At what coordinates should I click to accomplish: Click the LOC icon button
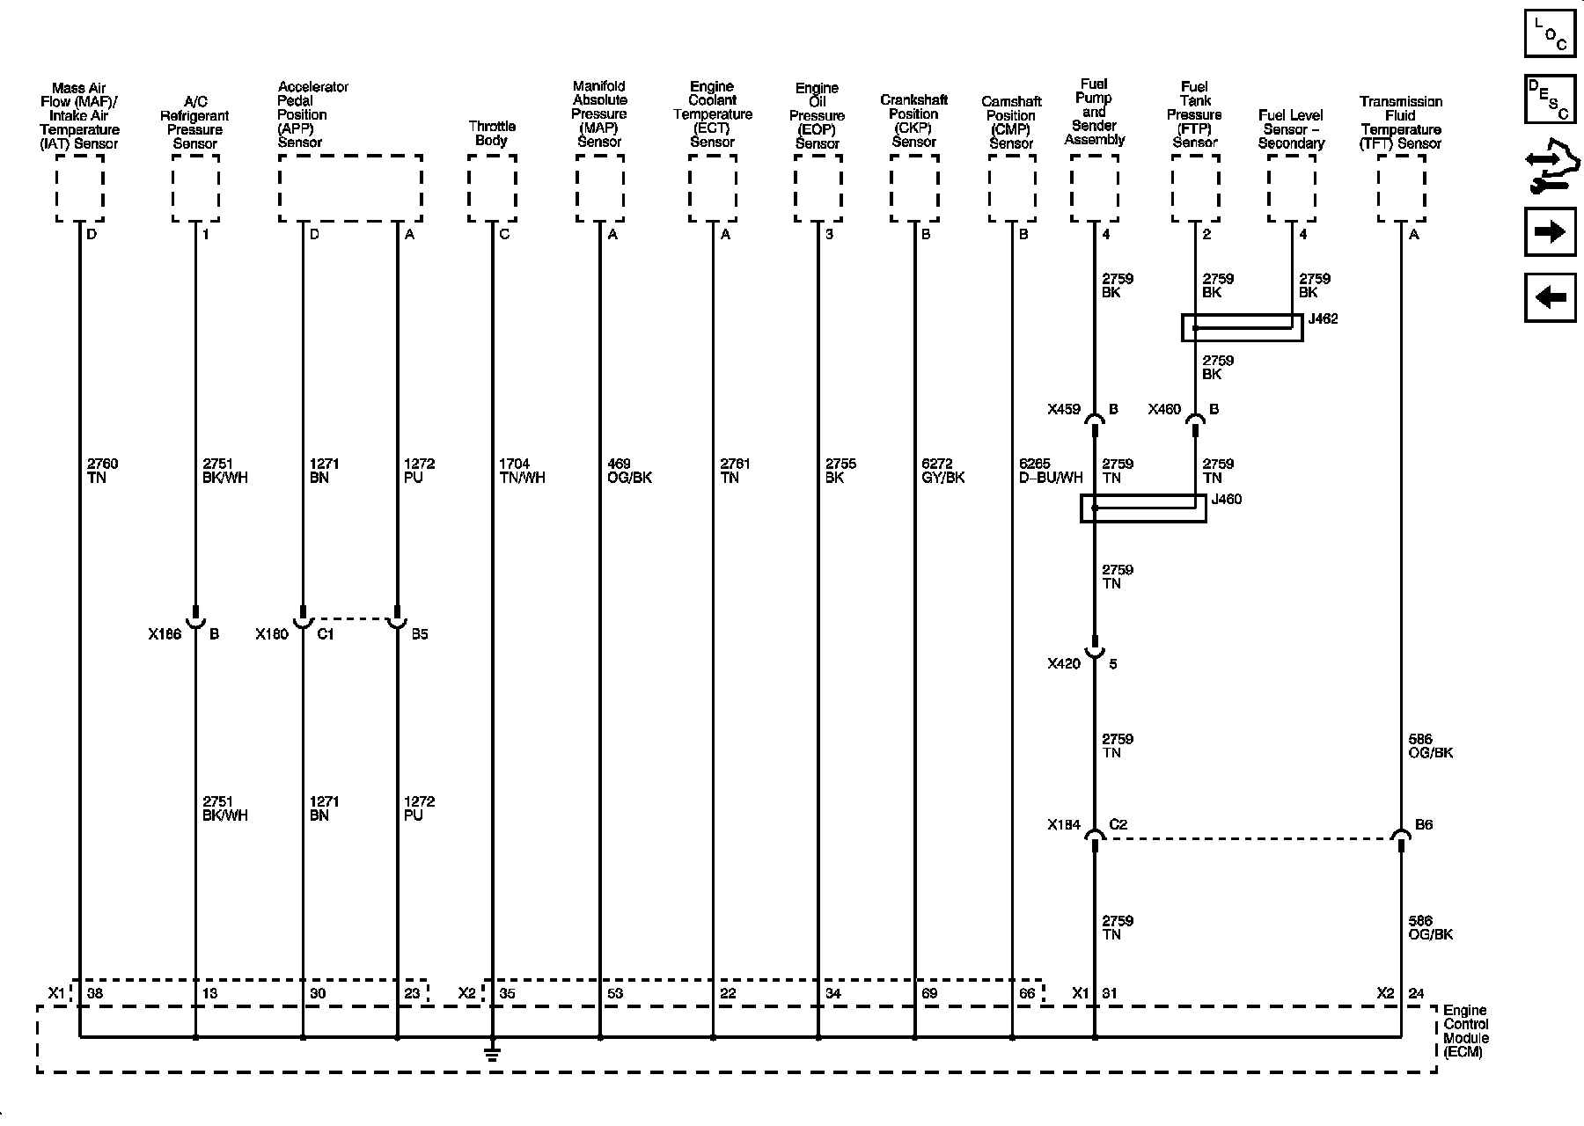(1550, 34)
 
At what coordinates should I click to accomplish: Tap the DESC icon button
(1550, 100)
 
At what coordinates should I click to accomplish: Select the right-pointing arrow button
(1550, 232)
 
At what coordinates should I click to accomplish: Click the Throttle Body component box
(492, 188)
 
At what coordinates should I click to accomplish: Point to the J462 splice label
(1323, 319)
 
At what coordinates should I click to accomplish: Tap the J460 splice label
(1227, 500)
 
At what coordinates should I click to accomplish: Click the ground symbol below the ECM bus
(492, 1052)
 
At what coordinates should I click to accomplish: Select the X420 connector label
(1063, 664)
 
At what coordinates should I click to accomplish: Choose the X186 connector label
(165, 634)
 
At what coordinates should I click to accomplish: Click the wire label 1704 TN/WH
(521, 471)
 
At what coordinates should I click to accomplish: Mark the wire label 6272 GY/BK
(942, 471)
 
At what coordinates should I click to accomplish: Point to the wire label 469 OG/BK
(629, 471)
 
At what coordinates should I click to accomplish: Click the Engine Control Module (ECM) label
(1466, 1031)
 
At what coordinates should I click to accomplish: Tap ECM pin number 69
(929, 994)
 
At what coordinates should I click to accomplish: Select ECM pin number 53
(615, 994)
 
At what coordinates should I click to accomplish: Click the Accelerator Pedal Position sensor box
(350, 188)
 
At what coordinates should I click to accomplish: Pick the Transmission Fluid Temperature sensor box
(1401, 188)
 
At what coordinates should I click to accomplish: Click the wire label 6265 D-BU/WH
(1050, 471)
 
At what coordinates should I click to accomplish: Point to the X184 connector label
(1063, 825)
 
